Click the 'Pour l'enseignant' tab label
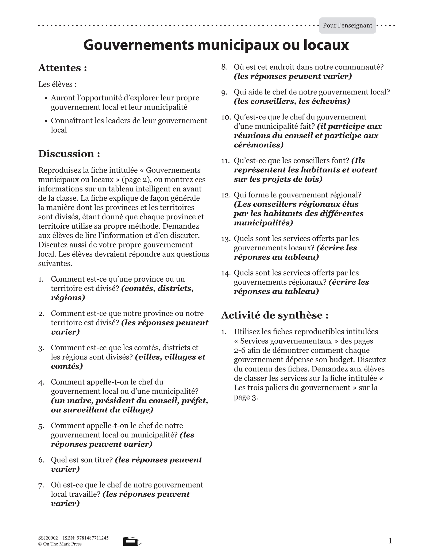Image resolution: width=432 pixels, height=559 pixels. click(x=347, y=25)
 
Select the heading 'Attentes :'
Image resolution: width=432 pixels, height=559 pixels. click(x=63, y=68)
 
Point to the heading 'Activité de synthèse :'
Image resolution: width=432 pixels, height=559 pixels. click(x=275, y=315)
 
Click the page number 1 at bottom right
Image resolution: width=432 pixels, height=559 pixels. click(x=390, y=541)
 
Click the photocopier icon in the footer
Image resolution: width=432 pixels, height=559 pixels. click(x=132, y=541)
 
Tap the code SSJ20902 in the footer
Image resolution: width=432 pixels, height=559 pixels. click(x=48, y=538)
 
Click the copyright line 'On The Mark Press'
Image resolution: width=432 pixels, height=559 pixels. click(x=62, y=544)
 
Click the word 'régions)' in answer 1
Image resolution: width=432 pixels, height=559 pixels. click(x=68, y=298)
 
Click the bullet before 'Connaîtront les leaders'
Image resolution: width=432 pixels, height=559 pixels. click(x=46, y=121)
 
